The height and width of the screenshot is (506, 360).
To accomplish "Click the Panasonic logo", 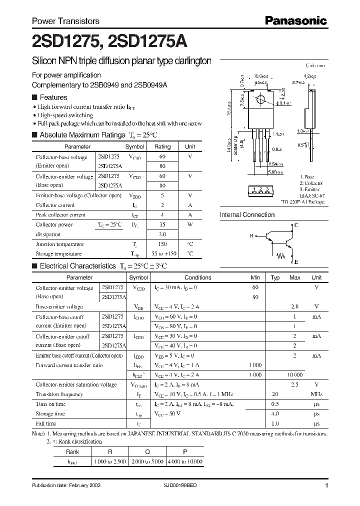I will [296, 21].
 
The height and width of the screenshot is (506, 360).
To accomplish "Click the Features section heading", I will [53, 97].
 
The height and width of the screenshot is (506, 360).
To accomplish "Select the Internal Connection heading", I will [247, 215].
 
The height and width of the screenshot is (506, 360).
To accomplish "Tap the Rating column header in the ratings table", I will [162, 147].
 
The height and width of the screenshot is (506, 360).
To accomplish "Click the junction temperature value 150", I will [162, 244].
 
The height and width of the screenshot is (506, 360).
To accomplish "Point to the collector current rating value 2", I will [162, 205].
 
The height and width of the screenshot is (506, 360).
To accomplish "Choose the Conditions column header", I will [198, 277].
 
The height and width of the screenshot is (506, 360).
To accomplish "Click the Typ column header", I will [275, 277].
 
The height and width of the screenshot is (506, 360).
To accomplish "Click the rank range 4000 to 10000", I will [185, 461].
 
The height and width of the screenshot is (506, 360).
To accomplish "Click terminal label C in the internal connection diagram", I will [296, 225].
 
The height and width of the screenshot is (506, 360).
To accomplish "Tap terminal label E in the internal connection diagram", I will [296, 262].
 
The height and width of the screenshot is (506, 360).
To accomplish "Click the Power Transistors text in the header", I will [65, 21].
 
